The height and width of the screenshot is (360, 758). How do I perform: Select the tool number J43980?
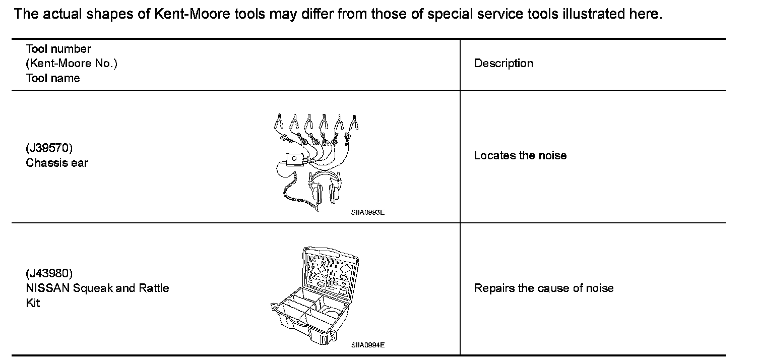(x=49, y=274)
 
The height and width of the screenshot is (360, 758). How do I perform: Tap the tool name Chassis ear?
(x=57, y=163)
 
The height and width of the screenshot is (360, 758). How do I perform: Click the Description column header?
(x=503, y=64)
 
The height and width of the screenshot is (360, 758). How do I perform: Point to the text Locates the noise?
(x=520, y=156)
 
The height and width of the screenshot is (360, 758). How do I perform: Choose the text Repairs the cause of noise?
(x=544, y=288)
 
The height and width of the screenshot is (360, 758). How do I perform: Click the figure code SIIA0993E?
(x=368, y=212)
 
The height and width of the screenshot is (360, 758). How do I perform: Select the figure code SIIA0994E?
(x=368, y=345)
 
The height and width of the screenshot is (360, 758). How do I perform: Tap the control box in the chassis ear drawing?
(x=293, y=159)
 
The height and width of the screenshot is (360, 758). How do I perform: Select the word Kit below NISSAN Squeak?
(x=33, y=303)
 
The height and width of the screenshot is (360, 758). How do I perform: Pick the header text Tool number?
(x=58, y=49)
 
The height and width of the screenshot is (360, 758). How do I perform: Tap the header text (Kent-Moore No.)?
(x=71, y=64)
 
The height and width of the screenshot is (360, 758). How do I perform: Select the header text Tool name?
(x=52, y=78)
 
